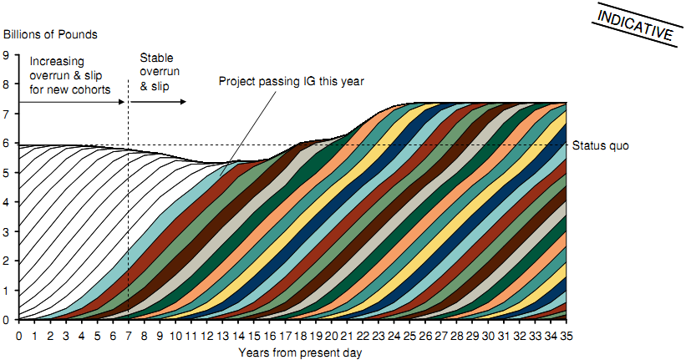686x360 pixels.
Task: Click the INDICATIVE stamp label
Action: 637,24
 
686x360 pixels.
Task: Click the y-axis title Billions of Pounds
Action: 51,34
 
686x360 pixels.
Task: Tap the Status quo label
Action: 601,145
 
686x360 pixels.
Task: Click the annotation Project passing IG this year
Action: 292,81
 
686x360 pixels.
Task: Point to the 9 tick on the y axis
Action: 6,55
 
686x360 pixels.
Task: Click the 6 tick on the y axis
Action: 6,144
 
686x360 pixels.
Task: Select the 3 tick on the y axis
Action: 6,231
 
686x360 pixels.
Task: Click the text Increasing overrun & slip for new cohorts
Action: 69,75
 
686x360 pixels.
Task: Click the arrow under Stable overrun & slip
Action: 159,102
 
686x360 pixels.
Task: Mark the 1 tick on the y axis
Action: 6,290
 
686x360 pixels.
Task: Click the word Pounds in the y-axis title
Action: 79,34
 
